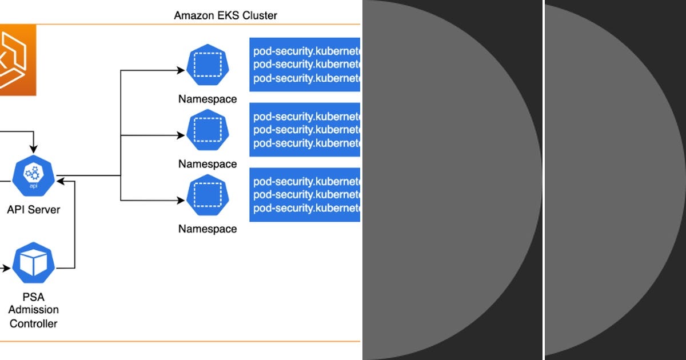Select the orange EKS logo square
tap(17, 60)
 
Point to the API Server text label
tap(34, 210)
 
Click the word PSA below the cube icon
tap(34, 297)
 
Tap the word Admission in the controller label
tap(34, 310)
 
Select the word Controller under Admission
tap(34, 323)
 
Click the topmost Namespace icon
tap(207, 65)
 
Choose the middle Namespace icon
tap(207, 130)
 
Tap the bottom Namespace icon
tap(207, 195)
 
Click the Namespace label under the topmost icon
tap(207, 99)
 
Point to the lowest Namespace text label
tap(207, 229)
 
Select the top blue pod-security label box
tap(305, 65)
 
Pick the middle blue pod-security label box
tap(305, 130)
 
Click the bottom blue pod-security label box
tap(305, 194)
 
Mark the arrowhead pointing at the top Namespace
tap(181, 71)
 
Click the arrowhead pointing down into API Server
tap(34, 149)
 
